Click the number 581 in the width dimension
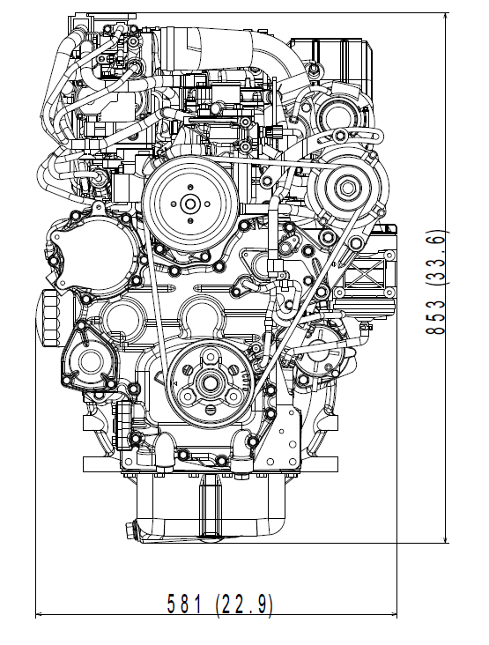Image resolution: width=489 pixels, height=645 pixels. [186, 604]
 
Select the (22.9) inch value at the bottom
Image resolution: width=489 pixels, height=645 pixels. [244, 604]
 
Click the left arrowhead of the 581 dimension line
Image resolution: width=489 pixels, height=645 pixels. [39, 615]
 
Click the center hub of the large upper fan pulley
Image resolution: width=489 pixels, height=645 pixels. [189, 204]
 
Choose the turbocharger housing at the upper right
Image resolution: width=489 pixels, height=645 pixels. [335, 110]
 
